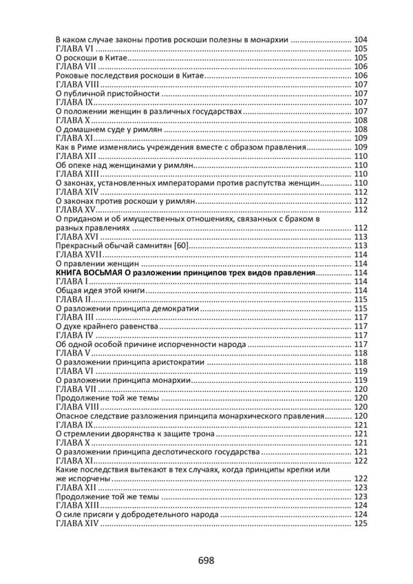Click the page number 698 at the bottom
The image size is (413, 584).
click(206, 560)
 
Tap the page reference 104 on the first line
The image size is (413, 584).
click(360, 40)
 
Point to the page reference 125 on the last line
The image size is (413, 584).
click(360, 523)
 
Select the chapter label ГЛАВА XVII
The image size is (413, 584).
click(78, 255)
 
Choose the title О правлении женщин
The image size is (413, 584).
click(98, 264)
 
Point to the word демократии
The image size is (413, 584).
click(176, 309)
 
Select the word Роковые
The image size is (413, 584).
click(72, 76)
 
